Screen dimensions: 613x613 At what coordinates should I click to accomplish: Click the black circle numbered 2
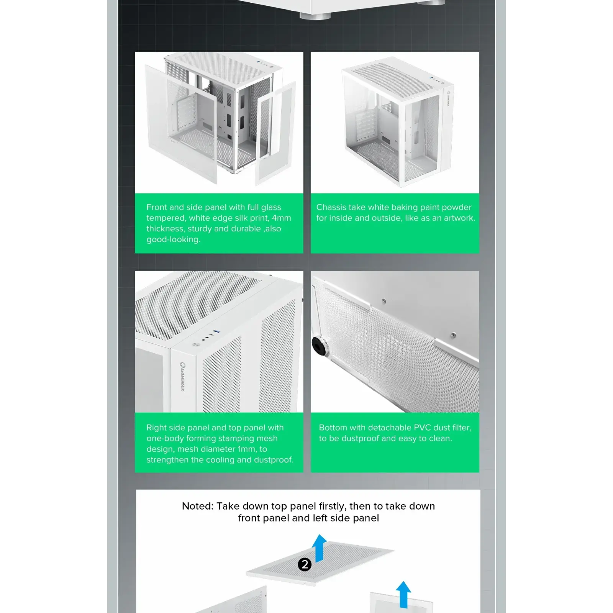click(305, 564)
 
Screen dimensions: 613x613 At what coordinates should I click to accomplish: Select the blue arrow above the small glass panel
click(403, 594)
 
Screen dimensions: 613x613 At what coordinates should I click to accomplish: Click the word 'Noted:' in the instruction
click(197, 506)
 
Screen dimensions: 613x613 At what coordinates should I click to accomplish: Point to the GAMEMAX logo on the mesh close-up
click(183, 376)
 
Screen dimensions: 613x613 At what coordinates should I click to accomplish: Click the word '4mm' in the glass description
click(281, 218)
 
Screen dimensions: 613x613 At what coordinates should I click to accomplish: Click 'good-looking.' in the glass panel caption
click(173, 240)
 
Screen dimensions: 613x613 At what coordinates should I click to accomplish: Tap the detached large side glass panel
click(180, 124)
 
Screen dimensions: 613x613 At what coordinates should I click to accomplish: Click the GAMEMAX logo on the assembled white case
click(448, 98)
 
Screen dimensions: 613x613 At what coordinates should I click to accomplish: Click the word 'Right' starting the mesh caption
click(157, 428)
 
